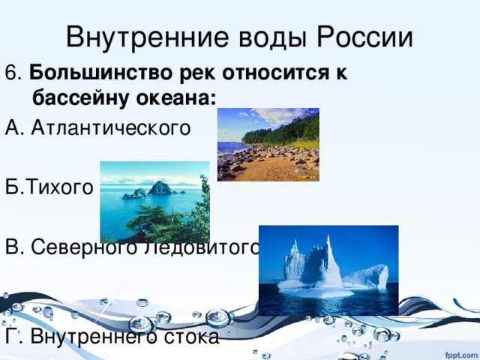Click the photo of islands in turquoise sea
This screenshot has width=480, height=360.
coord(154,202)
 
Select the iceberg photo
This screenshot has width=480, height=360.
coord(328,270)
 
